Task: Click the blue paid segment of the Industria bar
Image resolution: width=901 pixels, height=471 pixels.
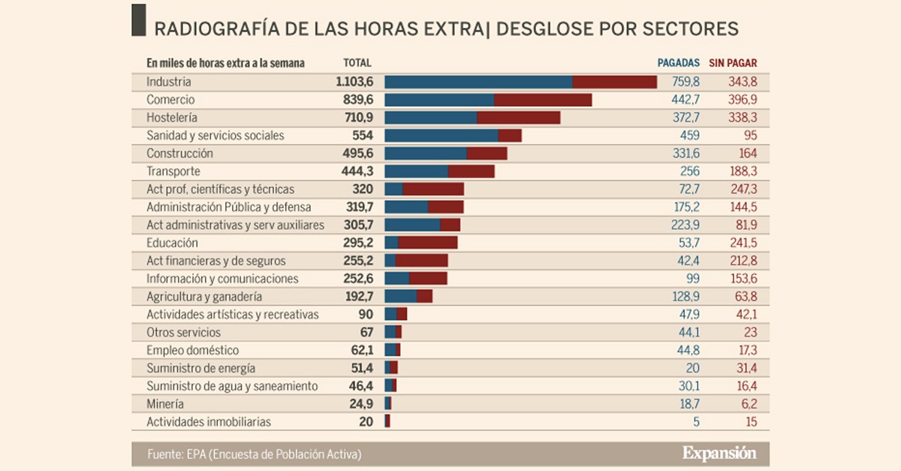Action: coord(478,82)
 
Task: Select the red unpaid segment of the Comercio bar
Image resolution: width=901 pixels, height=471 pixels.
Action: coord(543,100)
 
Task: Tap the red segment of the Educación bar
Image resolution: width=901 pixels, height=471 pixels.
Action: coord(428,243)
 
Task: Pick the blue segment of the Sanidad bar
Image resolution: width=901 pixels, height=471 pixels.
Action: coord(441,135)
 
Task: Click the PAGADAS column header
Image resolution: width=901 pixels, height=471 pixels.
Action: coord(678,64)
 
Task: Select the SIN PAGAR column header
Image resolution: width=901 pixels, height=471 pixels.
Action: coord(736,64)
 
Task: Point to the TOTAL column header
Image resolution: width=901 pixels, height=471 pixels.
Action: coord(357,64)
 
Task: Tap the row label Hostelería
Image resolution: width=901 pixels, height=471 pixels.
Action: coord(172,118)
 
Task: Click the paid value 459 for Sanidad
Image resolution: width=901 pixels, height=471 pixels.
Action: coord(689,135)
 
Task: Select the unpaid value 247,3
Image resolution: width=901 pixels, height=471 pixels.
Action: coord(743,189)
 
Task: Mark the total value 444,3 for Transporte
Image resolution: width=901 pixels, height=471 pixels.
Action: coord(357,171)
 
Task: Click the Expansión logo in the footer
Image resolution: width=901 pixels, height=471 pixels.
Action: coord(719,453)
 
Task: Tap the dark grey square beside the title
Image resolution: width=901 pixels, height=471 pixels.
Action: coord(139,20)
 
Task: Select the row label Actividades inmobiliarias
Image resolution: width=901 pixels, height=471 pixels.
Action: coord(209,422)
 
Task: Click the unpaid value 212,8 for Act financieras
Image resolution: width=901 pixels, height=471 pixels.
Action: coord(743,261)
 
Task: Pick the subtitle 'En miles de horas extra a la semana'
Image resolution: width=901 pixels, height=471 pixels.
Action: coord(225,64)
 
